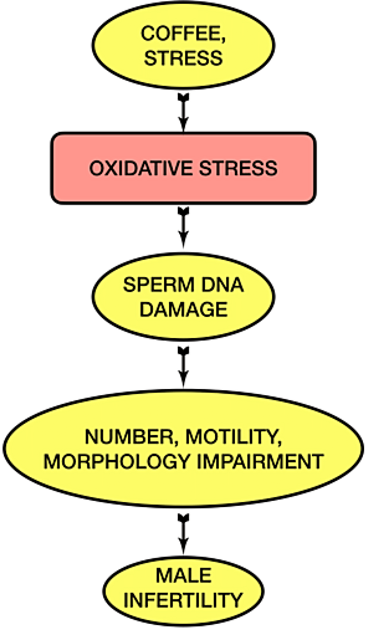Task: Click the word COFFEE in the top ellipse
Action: pos(181,33)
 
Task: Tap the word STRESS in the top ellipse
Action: pos(183,58)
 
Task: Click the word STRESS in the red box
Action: pos(238,168)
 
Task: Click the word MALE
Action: pos(184,575)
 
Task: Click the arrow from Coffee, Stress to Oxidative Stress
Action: pos(184,112)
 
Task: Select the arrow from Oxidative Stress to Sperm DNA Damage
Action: pos(184,227)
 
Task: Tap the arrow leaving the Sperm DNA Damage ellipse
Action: pos(184,367)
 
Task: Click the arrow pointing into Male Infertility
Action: pos(184,534)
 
